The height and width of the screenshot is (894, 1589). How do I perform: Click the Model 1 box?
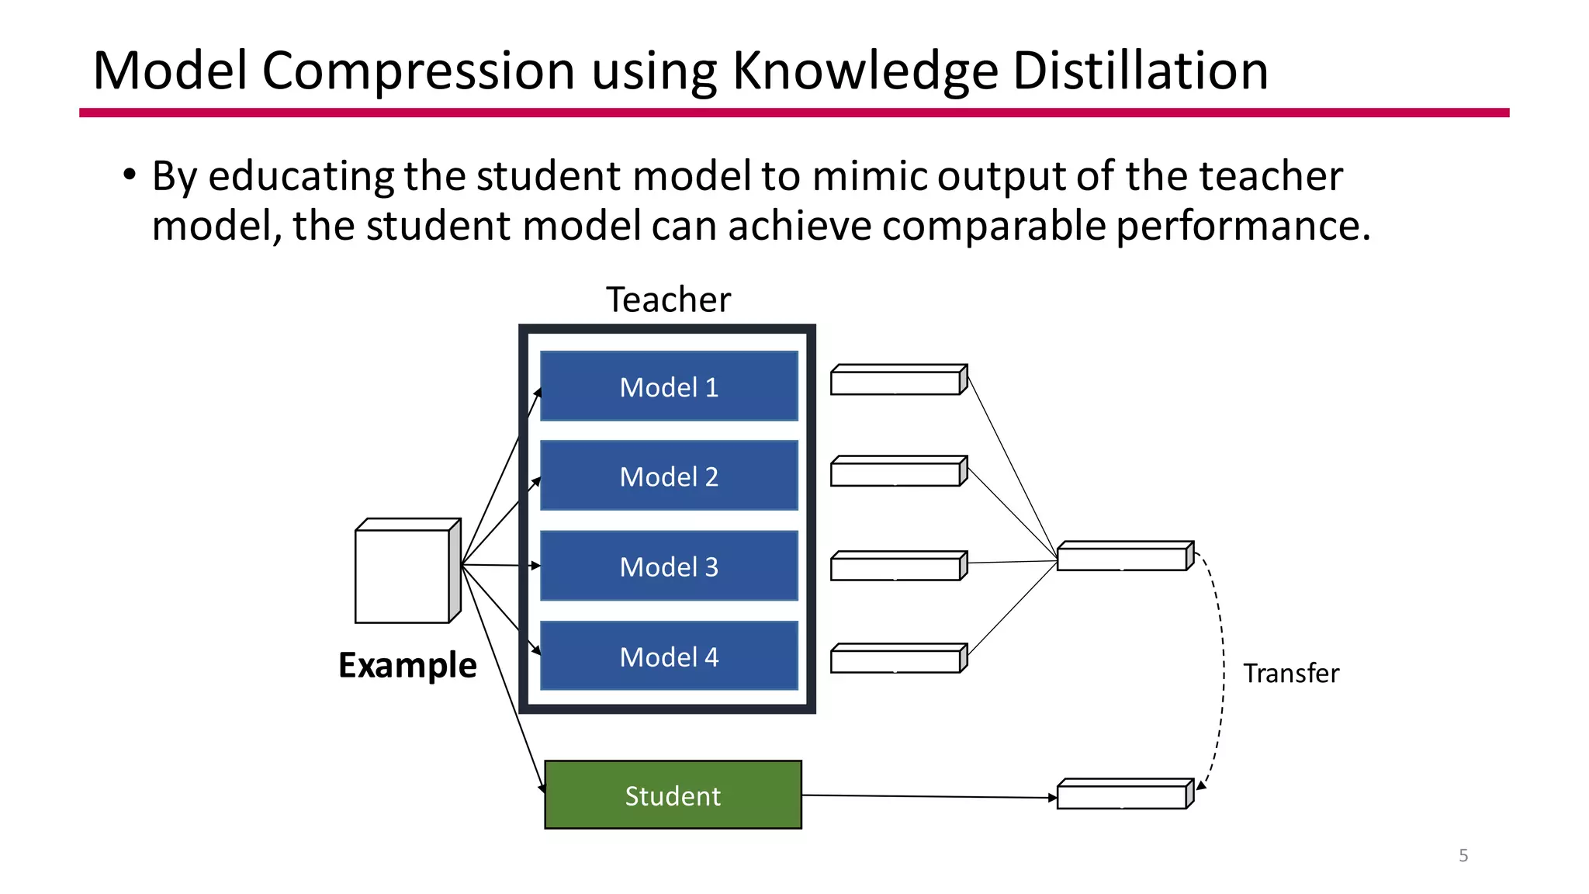[x=669, y=386]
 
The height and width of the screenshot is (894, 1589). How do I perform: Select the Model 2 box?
[x=669, y=476]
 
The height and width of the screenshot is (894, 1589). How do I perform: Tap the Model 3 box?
[x=669, y=567]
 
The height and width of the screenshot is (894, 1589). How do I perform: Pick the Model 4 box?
[x=669, y=657]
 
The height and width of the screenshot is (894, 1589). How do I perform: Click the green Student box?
[x=673, y=795]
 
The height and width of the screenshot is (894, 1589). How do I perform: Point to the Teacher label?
[x=668, y=300]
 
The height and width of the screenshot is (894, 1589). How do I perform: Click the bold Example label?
[x=407, y=666]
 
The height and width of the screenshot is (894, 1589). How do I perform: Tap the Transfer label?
[x=1291, y=673]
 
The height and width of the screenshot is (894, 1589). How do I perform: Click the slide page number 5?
[x=1463, y=855]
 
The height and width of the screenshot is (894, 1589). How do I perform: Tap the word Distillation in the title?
[x=1141, y=71]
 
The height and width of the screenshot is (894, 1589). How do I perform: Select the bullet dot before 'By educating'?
[x=129, y=175]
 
